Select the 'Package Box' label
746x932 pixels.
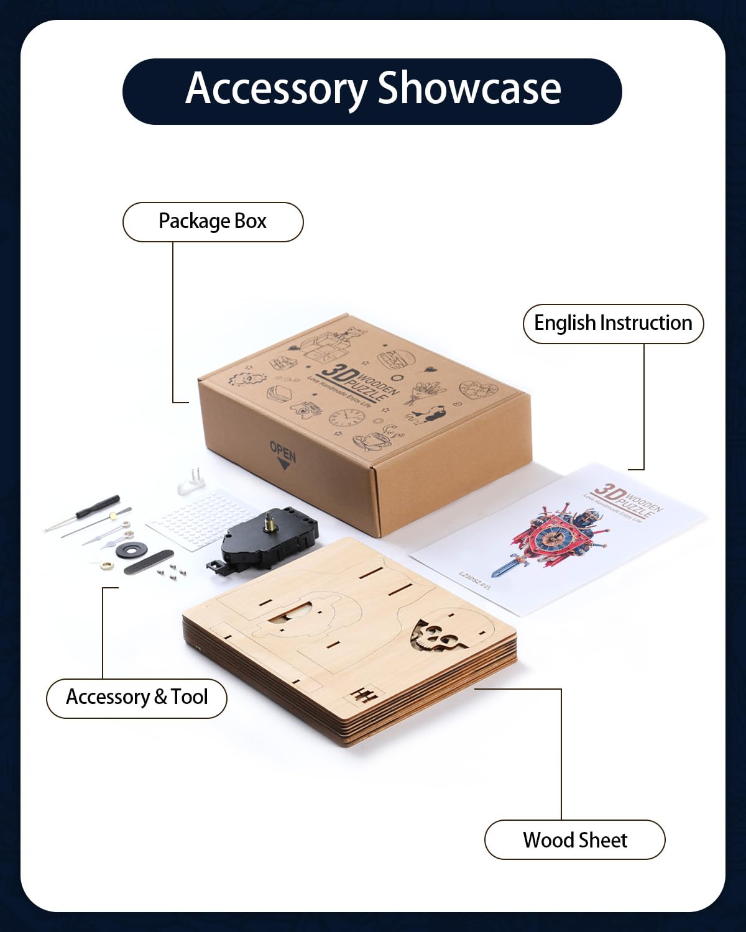213,222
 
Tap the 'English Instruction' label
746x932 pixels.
613,323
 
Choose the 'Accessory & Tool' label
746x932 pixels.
137,697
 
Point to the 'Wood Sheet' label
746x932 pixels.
575,840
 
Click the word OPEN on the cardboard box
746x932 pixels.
283,452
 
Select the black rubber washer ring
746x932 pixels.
131,549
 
